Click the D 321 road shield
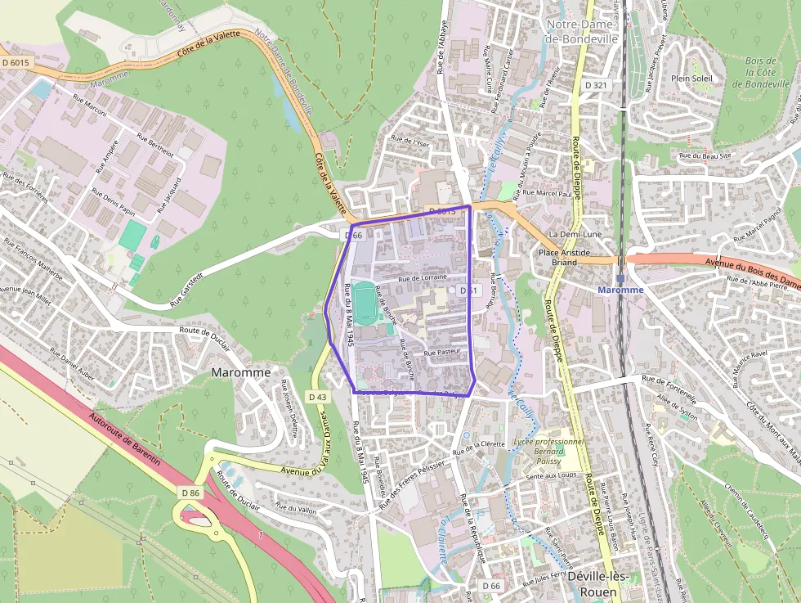pyautogui.click(x=596, y=85)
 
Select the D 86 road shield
pyautogui.click(x=190, y=493)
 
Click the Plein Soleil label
pyautogui.click(x=691, y=78)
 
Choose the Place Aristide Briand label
pyautogui.click(x=564, y=258)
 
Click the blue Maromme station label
pyautogui.click(x=620, y=290)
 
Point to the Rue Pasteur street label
pyautogui.click(x=443, y=352)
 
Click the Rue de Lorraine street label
pyautogui.click(x=423, y=278)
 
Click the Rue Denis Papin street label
pyautogui.click(x=113, y=202)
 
